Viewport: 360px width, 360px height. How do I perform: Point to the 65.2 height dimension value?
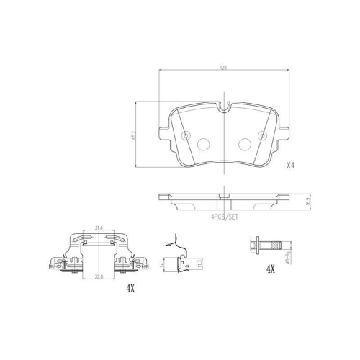pyautogui.click(x=135, y=135)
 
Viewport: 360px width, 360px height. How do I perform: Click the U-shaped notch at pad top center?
pyautogui.click(x=224, y=110)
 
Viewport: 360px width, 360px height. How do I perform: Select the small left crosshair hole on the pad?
pyautogui.click(x=186, y=135)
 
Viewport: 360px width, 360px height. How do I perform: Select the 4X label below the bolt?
pyautogui.click(x=271, y=269)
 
